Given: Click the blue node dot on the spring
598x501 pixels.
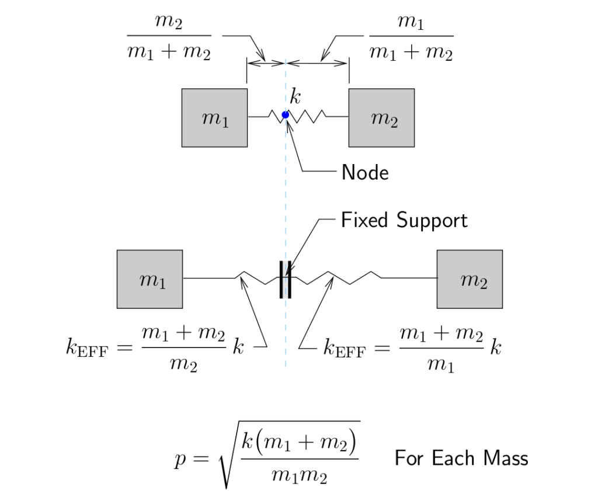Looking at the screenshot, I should pos(285,115).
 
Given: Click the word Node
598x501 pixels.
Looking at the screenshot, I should pos(365,172).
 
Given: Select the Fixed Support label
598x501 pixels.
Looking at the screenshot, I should pos(404,220).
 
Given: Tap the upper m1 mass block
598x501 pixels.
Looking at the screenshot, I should pos(214,118).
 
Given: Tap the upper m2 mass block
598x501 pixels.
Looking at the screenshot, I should pos(381,118).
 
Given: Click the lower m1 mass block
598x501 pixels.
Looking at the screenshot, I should pos(149,279).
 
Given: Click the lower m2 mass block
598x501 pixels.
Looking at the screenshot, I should pos(470,279).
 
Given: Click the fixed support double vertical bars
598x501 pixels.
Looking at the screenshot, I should pos(285,279).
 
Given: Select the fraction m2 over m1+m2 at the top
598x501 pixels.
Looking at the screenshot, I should pos(169,39).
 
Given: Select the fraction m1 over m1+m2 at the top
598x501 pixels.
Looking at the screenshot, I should pos(411,39).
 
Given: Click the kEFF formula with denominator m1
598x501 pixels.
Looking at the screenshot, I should pos(412,348).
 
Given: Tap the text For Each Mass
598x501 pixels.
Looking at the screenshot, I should pos(461,458).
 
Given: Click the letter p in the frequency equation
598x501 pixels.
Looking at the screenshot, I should pos(180,459).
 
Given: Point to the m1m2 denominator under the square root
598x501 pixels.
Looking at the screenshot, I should pos(300,476).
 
